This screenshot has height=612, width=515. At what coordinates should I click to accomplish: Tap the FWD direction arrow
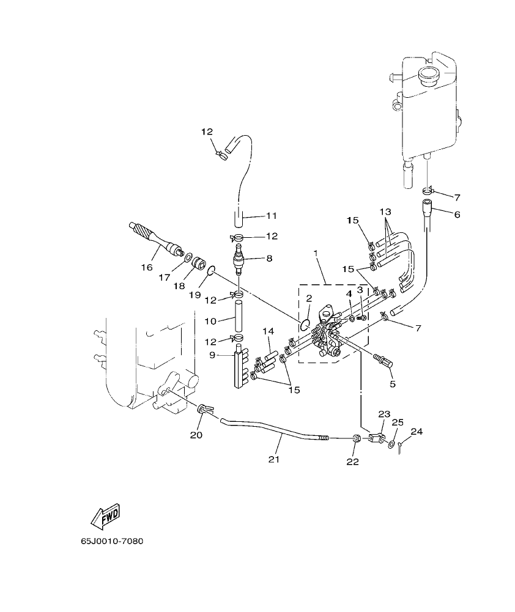pyautogui.click(x=105, y=515)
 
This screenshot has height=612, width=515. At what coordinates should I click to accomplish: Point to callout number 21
pyautogui.click(x=273, y=459)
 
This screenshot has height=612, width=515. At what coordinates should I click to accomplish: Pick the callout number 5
pyautogui.click(x=392, y=385)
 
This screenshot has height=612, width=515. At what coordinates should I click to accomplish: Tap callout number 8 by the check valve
pyautogui.click(x=269, y=259)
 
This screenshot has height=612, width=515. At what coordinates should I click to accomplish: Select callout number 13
pyautogui.click(x=384, y=211)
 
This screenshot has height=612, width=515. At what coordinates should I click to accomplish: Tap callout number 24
pyautogui.click(x=416, y=432)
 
